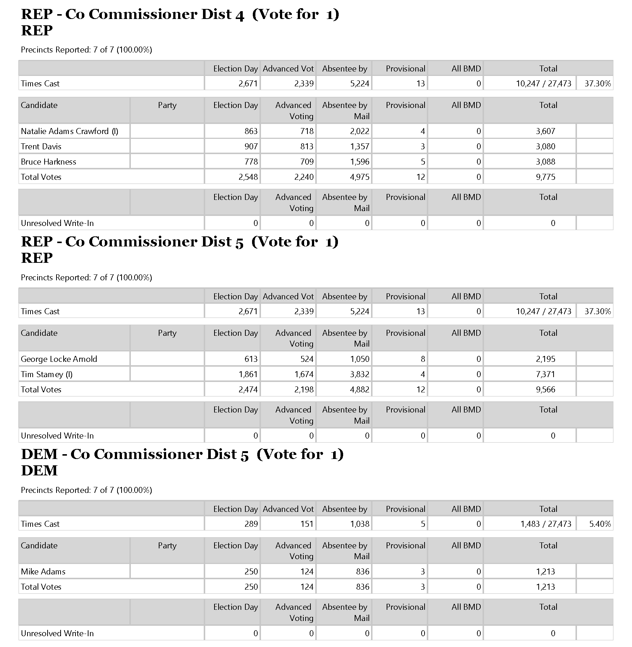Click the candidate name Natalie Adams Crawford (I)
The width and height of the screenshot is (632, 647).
tap(70, 131)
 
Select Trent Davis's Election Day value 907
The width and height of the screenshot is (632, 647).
tap(251, 146)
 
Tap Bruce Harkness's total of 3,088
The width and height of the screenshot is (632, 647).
tap(545, 162)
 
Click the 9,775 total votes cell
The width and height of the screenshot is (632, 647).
tap(545, 177)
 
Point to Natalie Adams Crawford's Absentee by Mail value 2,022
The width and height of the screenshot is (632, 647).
tap(359, 131)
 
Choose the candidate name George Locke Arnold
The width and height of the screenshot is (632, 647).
tap(59, 359)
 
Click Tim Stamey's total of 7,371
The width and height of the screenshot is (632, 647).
tap(545, 374)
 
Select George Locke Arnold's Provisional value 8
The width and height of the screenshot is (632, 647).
tap(423, 359)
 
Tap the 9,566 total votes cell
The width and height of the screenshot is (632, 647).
tap(545, 389)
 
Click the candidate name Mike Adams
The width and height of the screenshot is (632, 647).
tap(43, 571)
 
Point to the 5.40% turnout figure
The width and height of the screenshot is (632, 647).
tap(600, 524)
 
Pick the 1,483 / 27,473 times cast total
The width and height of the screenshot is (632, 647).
tap(545, 524)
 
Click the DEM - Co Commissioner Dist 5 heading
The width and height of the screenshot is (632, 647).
tap(182, 454)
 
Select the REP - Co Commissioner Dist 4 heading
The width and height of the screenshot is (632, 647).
tap(180, 14)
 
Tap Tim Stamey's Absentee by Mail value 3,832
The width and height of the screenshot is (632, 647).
tap(359, 374)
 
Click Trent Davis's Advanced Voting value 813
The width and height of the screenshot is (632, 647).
tap(307, 146)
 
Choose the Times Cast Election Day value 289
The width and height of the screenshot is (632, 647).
tap(251, 524)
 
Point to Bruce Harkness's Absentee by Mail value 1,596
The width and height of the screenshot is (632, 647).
tap(359, 162)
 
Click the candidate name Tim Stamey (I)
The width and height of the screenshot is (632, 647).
tap(46, 374)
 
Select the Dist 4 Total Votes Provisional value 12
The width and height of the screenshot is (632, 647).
tap(420, 177)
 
